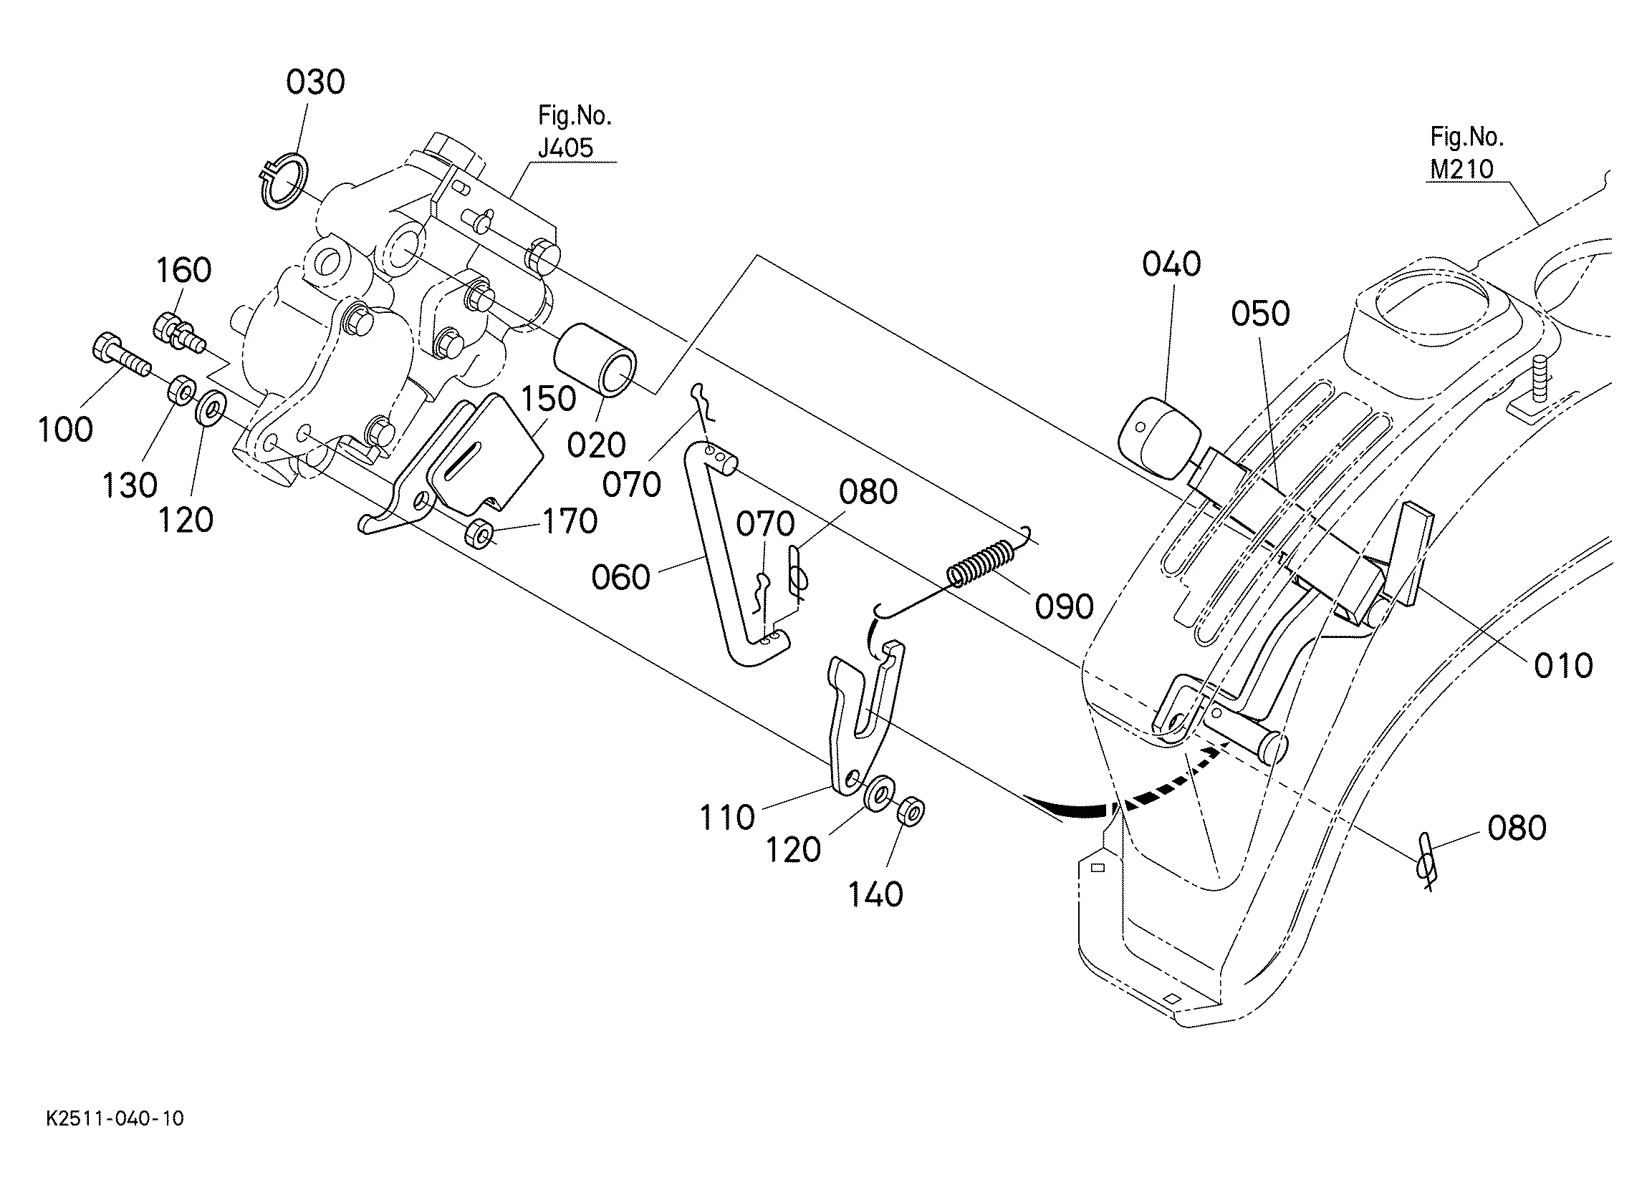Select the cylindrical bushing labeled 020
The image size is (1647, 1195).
[x=595, y=360]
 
